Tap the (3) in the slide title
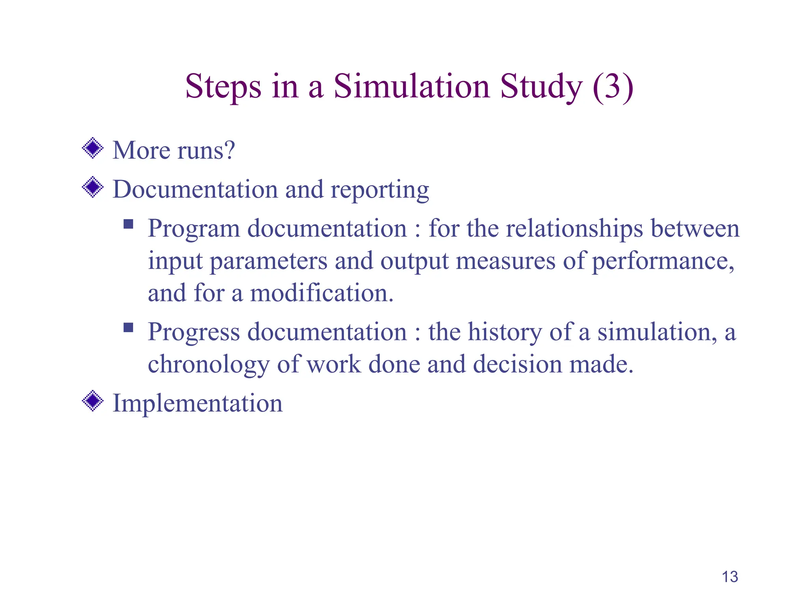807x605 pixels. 613,87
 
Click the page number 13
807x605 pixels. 730,577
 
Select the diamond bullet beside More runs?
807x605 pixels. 93,148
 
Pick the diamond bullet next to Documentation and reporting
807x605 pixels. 93,187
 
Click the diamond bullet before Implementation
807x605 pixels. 93,401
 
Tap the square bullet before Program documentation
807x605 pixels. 128,225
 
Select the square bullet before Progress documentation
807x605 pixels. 128,328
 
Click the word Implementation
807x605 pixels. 197,403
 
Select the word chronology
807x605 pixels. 208,365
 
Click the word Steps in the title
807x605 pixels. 223,87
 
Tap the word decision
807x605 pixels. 518,364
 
